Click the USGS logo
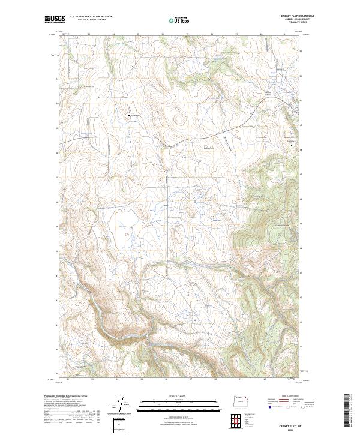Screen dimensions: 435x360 tap(55, 19)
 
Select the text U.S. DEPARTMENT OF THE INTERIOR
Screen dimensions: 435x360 tap(91, 17)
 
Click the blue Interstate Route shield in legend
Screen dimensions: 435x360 tap(268, 407)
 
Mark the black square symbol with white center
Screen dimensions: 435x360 tap(292, 145)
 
